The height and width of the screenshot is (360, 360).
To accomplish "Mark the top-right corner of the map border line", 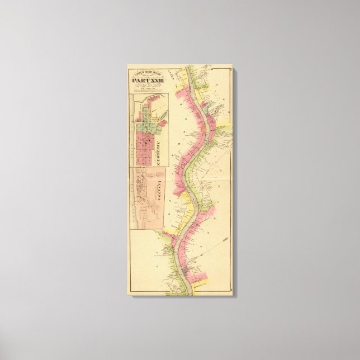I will click(x=230, y=68).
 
